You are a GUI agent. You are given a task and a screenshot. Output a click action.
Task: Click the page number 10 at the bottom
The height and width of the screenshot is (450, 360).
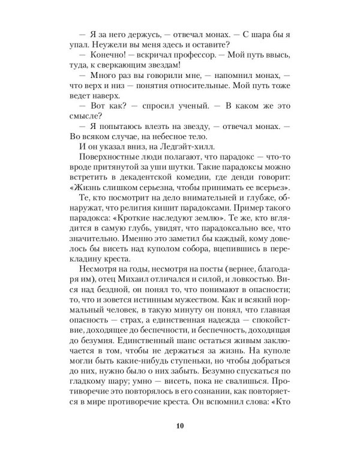(180, 427)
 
